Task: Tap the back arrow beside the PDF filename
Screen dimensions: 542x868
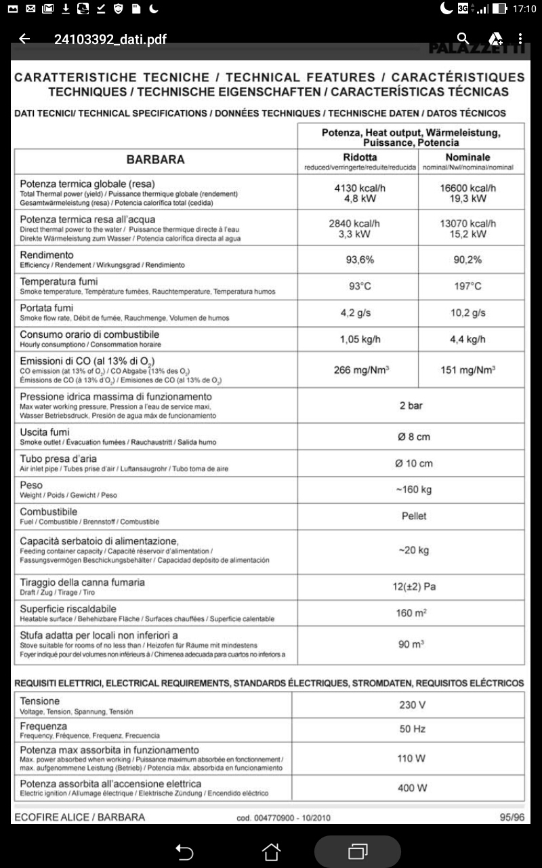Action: [x=24, y=39]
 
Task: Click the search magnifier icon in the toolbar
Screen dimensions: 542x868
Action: [x=463, y=39]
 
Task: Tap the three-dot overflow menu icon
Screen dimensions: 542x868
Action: [x=520, y=39]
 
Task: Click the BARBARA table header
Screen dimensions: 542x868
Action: [x=155, y=161]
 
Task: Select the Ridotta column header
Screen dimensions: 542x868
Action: [x=360, y=157]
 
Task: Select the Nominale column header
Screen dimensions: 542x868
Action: [x=467, y=157]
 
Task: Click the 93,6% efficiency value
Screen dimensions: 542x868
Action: [x=360, y=260]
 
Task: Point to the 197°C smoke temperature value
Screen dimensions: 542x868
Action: [x=467, y=286]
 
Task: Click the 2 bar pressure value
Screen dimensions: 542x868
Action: [x=411, y=406]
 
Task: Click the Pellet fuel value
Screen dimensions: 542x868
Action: [x=414, y=516]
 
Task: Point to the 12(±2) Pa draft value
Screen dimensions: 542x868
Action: [x=415, y=587]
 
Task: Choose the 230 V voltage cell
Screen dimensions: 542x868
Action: [x=413, y=705]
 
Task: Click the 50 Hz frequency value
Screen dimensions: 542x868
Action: [x=413, y=730]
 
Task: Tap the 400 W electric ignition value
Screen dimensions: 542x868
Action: [x=413, y=788]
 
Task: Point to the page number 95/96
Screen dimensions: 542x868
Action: [x=512, y=817]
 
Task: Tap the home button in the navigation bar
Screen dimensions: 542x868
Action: [x=271, y=852]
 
